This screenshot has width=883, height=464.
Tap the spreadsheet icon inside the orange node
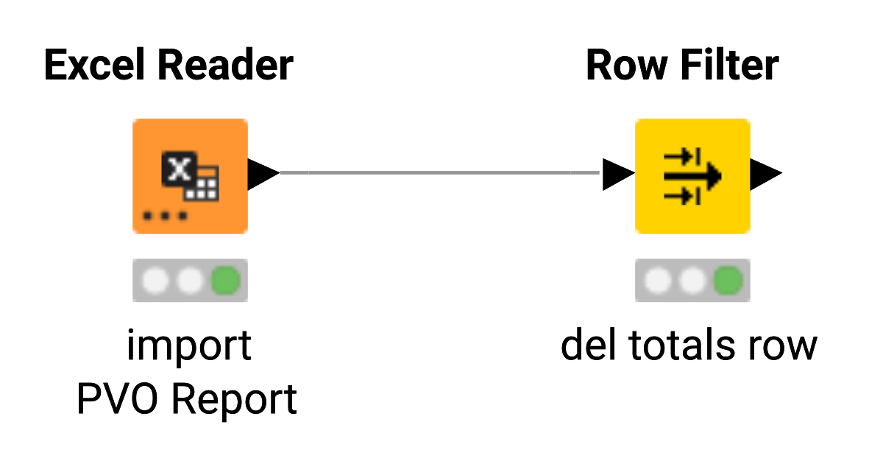[x=190, y=175]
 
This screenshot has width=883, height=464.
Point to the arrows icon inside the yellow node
[x=692, y=175]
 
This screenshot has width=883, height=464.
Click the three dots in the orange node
[x=166, y=217]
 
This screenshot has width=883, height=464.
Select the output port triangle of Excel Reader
[x=262, y=174]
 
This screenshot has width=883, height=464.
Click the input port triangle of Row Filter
[x=617, y=175]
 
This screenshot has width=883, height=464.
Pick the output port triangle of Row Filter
[x=765, y=175]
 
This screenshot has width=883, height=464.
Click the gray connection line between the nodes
[x=441, y=173]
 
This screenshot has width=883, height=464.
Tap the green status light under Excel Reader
[x=225, y=280]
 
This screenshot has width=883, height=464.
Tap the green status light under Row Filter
[x=728, y=280]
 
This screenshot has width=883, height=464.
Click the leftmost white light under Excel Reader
[x=155, y=280]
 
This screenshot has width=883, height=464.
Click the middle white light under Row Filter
[x=693, y=280]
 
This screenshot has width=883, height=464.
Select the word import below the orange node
[x=189, y=345]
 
